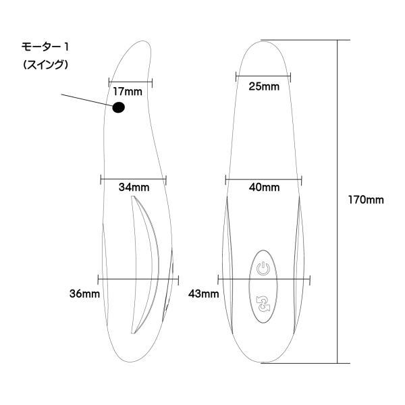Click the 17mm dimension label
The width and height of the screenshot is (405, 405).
(x=128, y=92)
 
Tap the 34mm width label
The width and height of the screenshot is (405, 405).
(x=134, y=187)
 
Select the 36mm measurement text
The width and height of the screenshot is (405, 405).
(x=85, y=294)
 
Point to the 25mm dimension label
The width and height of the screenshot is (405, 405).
(x=264, y=86)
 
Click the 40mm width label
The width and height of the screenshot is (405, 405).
(x=264, y=187)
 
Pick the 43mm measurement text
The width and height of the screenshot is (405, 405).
(x=204, y=294)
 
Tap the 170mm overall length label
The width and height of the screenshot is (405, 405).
(x=366, y=200)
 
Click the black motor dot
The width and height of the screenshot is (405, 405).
(x=119, y=107)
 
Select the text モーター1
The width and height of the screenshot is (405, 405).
(x=45, y=47)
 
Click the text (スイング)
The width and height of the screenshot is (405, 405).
(x=45, y=65)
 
